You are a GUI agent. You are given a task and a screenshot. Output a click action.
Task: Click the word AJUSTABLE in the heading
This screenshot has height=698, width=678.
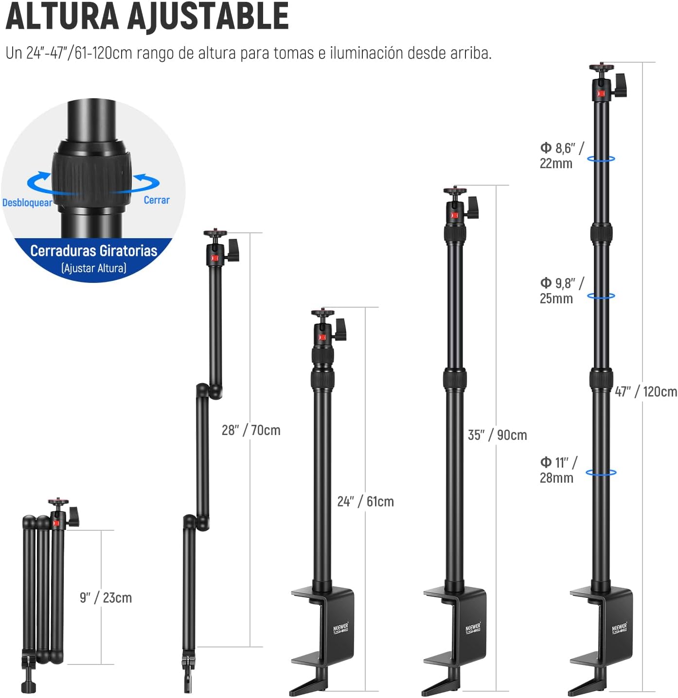pyautogui.click(x=208, y=17)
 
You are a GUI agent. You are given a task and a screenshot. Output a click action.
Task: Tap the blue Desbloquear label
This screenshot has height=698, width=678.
pyautogui.click(x=27, y=203)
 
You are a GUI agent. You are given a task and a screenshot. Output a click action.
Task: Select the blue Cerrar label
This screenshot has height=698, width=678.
pyautogui.click(x=157, y=200)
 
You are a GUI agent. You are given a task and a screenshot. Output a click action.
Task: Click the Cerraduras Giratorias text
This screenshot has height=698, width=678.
pyautogui.click(x=94, y=251)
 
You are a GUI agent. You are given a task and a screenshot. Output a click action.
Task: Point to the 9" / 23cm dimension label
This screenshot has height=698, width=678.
pyautogui.click(x=106, y=597)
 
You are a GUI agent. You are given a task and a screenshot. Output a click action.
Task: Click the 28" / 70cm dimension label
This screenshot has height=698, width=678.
pyautogui.click(x=251, y=430)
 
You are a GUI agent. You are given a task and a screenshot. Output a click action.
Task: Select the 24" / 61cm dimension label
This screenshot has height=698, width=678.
pyautogui.click(x=365, y=502)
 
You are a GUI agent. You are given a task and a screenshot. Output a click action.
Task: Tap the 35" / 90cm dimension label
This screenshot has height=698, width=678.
pyautogui.click(x=498, y=435)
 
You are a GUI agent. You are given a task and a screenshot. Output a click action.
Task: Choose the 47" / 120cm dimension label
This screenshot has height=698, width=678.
pyautogui.click(x=646, y=392)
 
